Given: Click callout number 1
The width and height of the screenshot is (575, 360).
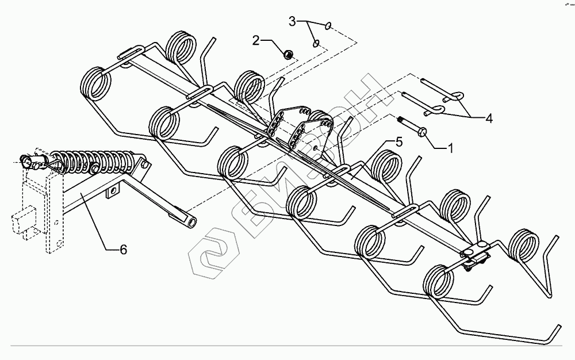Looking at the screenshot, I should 450,148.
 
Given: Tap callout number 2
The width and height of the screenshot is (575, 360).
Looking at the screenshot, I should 255,40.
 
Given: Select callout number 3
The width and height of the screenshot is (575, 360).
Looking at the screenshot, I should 292,22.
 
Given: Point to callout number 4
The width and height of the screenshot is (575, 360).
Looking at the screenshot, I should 489,119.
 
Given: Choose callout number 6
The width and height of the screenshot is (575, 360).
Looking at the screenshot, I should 122,250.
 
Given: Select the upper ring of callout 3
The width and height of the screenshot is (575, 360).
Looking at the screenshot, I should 327,25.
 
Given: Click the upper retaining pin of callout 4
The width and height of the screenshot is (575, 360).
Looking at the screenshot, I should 443,89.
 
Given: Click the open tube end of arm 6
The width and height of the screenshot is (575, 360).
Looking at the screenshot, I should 190,221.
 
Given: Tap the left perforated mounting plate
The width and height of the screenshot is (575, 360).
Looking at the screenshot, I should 278,122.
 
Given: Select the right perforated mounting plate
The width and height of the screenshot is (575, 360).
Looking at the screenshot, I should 313,133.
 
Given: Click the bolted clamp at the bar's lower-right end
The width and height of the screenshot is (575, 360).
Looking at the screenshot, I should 476,256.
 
